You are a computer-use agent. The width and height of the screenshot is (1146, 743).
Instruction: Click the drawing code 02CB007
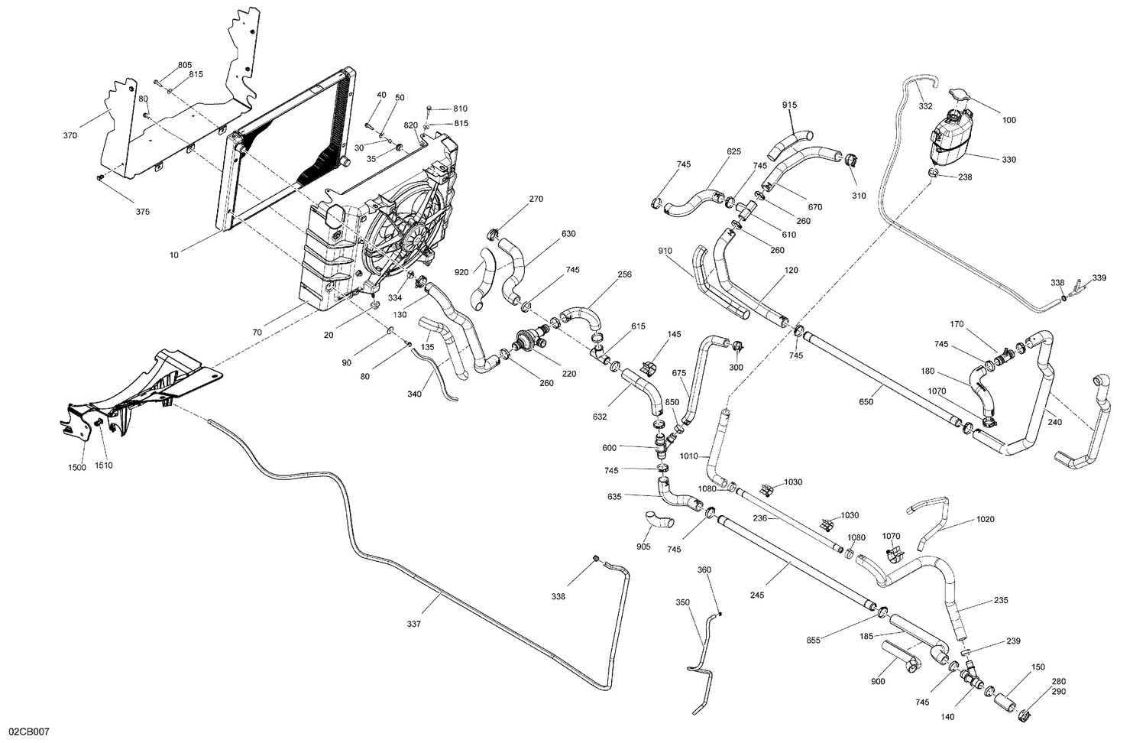tap(29, 732)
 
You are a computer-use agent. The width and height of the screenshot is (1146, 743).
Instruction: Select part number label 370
tap(70, 135)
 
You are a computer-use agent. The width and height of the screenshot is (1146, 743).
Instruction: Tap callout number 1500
tap(77, 466)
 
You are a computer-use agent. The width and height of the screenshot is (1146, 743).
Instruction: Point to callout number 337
tap(413, 624)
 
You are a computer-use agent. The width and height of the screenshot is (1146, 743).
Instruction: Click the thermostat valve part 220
tap(528, 339)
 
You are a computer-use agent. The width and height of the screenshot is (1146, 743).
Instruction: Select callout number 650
tap(866, 401)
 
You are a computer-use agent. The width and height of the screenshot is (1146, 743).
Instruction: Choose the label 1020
tap(986, 519)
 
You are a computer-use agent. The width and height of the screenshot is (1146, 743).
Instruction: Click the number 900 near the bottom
tap(879, 681)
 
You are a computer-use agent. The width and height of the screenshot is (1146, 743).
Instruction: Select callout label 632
tap(600, 417)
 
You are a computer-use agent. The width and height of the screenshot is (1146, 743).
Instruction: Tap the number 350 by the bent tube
tap(683, 602)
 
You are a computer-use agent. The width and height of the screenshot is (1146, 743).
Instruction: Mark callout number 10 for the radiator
tap(174, 255)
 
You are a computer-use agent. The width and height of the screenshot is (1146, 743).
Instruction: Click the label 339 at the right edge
tap(1099, 277)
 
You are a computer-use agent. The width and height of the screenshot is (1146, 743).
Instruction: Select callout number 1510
tap(104, 466)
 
